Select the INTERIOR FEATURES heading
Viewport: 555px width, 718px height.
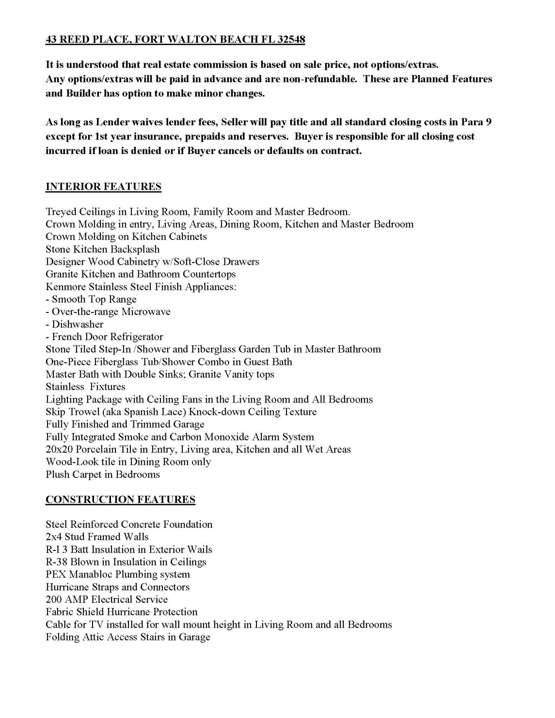coord(103,187)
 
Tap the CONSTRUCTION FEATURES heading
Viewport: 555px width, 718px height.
coord(120,499)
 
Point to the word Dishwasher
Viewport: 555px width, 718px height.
coord(78,324)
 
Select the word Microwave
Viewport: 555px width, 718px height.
coord(146,312)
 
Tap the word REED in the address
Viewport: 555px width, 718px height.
coord(74,39)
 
